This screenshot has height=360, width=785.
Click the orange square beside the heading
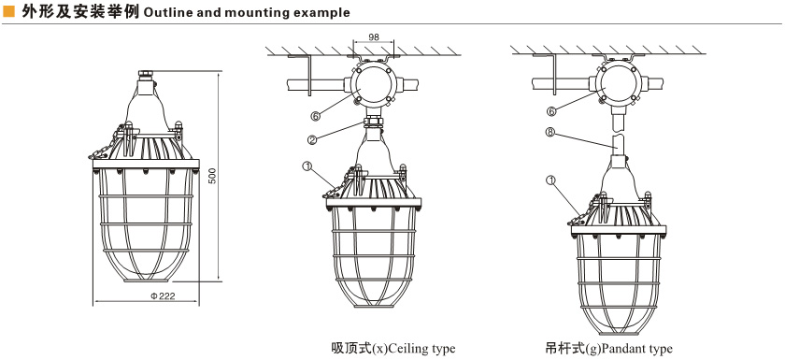click(x=8, y=11)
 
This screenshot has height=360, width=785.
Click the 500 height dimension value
click(x=212, y=176)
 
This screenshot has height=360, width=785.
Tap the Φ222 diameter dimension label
click(x=163, y=295)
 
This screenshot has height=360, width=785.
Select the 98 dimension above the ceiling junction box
click(x=374, y=37)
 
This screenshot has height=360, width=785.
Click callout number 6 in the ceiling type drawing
click(x=315, y=116)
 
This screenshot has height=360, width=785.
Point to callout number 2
click(x=312, y=139)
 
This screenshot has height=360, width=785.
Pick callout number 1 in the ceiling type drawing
click(x=307, y=165)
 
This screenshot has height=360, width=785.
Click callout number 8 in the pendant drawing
click(x=549, y=133)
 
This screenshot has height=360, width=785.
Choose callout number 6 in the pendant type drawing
click(x=551, y=111)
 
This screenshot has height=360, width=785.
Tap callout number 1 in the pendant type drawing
click(x=550, y=179)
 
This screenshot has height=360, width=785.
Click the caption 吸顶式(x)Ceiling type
click(x=393, y=348)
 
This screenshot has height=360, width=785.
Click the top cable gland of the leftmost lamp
click(x=145, y=75)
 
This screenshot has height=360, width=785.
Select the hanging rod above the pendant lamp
click(x=619, y=134)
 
